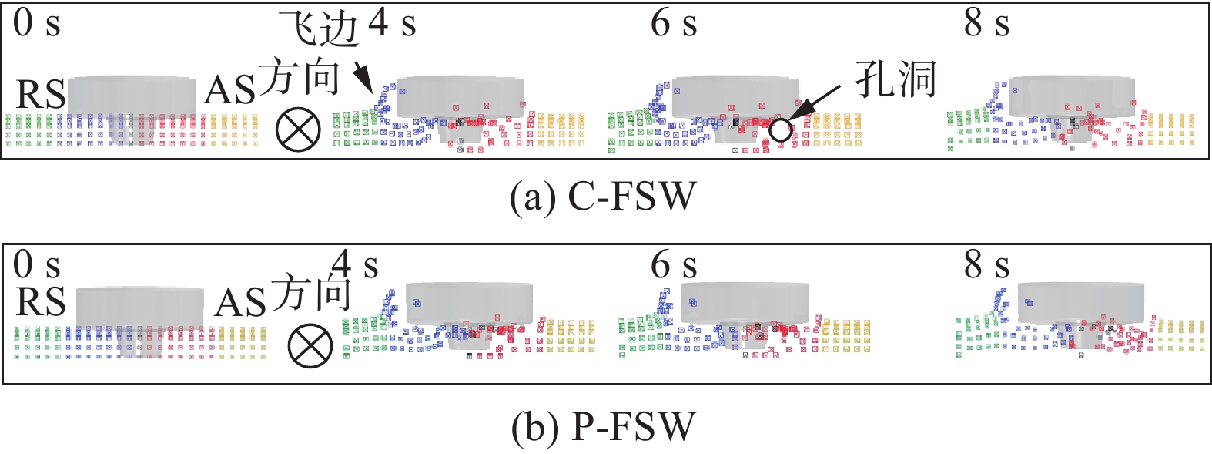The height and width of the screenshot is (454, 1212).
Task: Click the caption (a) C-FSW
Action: pos(603,197)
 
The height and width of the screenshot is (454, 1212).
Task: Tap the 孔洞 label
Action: pos(896,79)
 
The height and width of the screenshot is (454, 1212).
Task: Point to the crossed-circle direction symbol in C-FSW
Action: pos(298,129)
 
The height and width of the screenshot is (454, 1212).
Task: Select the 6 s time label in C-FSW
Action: pos(674,23)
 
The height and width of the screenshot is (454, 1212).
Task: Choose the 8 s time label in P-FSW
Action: pos(986,265)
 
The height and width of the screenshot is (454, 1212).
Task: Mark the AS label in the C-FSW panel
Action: pos(229,92)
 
